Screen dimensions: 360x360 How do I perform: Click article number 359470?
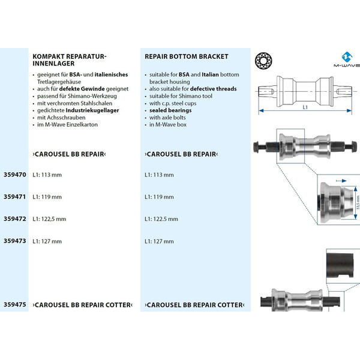point(14,175)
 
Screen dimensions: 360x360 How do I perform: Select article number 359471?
point(14,196)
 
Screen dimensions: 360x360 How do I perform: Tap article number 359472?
point(14,218)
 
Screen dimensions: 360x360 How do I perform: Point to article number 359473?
point(14,241)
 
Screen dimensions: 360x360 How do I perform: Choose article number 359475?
point(14,305)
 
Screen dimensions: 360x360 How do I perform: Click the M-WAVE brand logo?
point(345,61)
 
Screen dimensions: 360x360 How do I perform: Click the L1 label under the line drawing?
point(305,107)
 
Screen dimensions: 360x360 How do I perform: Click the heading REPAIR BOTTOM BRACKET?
point(186,56)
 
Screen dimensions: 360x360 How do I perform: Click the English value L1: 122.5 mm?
point(161,219)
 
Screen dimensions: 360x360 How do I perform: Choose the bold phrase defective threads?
point(214,89)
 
